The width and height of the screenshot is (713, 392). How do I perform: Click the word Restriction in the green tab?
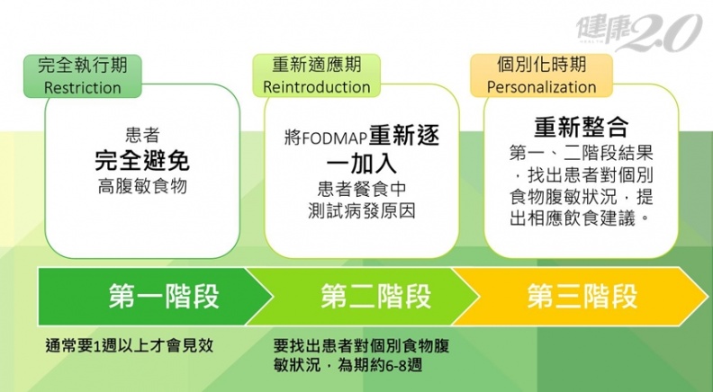point(82,87)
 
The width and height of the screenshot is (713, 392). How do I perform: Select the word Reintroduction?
point(317,86)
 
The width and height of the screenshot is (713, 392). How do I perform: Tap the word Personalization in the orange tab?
point(542,86)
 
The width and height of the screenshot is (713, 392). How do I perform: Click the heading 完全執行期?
point(82,65)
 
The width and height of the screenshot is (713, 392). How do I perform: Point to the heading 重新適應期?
point(317,65)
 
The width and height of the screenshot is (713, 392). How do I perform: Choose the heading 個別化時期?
point(542,64)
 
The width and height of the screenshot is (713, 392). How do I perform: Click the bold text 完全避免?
point(142,160)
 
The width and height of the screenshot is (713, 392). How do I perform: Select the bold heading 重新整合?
point(582,127)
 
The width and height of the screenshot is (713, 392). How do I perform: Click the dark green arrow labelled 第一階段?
point(155,297)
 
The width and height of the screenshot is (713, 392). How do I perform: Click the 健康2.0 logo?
point(638,31)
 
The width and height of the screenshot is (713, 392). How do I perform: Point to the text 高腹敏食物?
point(142,186)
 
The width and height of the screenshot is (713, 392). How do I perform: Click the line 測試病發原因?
point(362,210)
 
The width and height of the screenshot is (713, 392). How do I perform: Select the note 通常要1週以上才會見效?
point(129,345)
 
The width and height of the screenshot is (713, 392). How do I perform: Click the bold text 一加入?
point(362,163)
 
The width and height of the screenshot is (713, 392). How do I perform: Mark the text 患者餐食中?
point(362,189)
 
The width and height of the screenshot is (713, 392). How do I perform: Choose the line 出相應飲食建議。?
point(580,218)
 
